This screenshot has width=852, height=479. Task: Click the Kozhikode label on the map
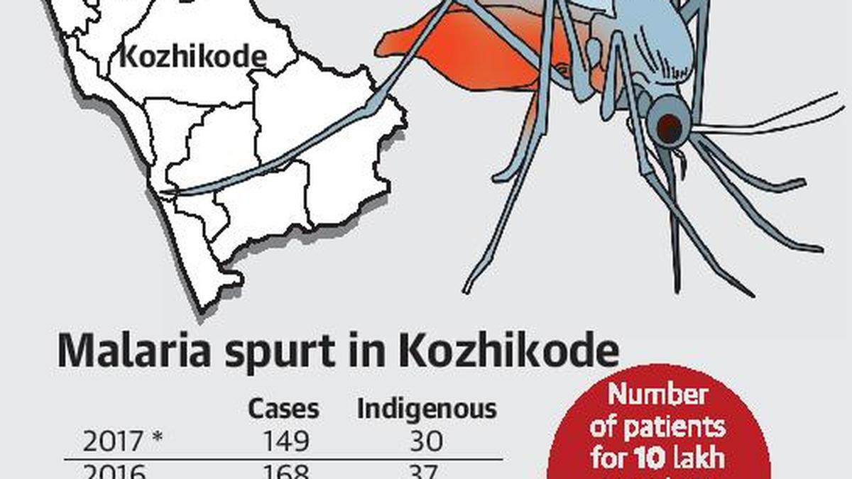[x=192, y=57]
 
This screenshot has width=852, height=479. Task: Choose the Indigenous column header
[x=427, y=409]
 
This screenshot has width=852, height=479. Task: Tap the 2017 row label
[x=113, y=441]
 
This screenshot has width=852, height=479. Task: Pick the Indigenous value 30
[x=426, y=441]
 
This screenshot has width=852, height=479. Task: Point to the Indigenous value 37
[x=426, y=472]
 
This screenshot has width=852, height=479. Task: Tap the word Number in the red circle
[x=658, y=395]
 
